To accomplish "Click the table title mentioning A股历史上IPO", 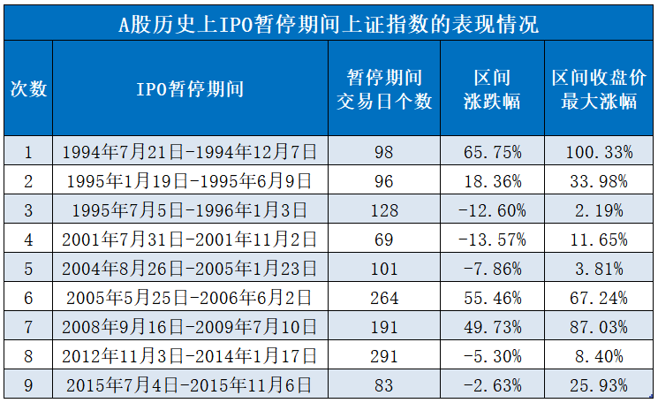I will point(329,22).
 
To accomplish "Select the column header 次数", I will point(28,88).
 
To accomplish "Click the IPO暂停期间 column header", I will point(190,88).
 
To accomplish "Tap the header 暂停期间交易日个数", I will point(384,88).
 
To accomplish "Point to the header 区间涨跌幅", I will point(492,88).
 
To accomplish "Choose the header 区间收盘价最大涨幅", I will point(599,88).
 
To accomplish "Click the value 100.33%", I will point(599,152).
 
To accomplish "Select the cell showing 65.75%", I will point(492,152).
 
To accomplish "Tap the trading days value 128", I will point(385,210).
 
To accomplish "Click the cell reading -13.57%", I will point(492,240).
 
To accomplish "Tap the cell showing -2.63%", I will point(492,385).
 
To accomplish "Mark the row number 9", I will point(28,385).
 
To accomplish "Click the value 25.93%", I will point(599,385).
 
